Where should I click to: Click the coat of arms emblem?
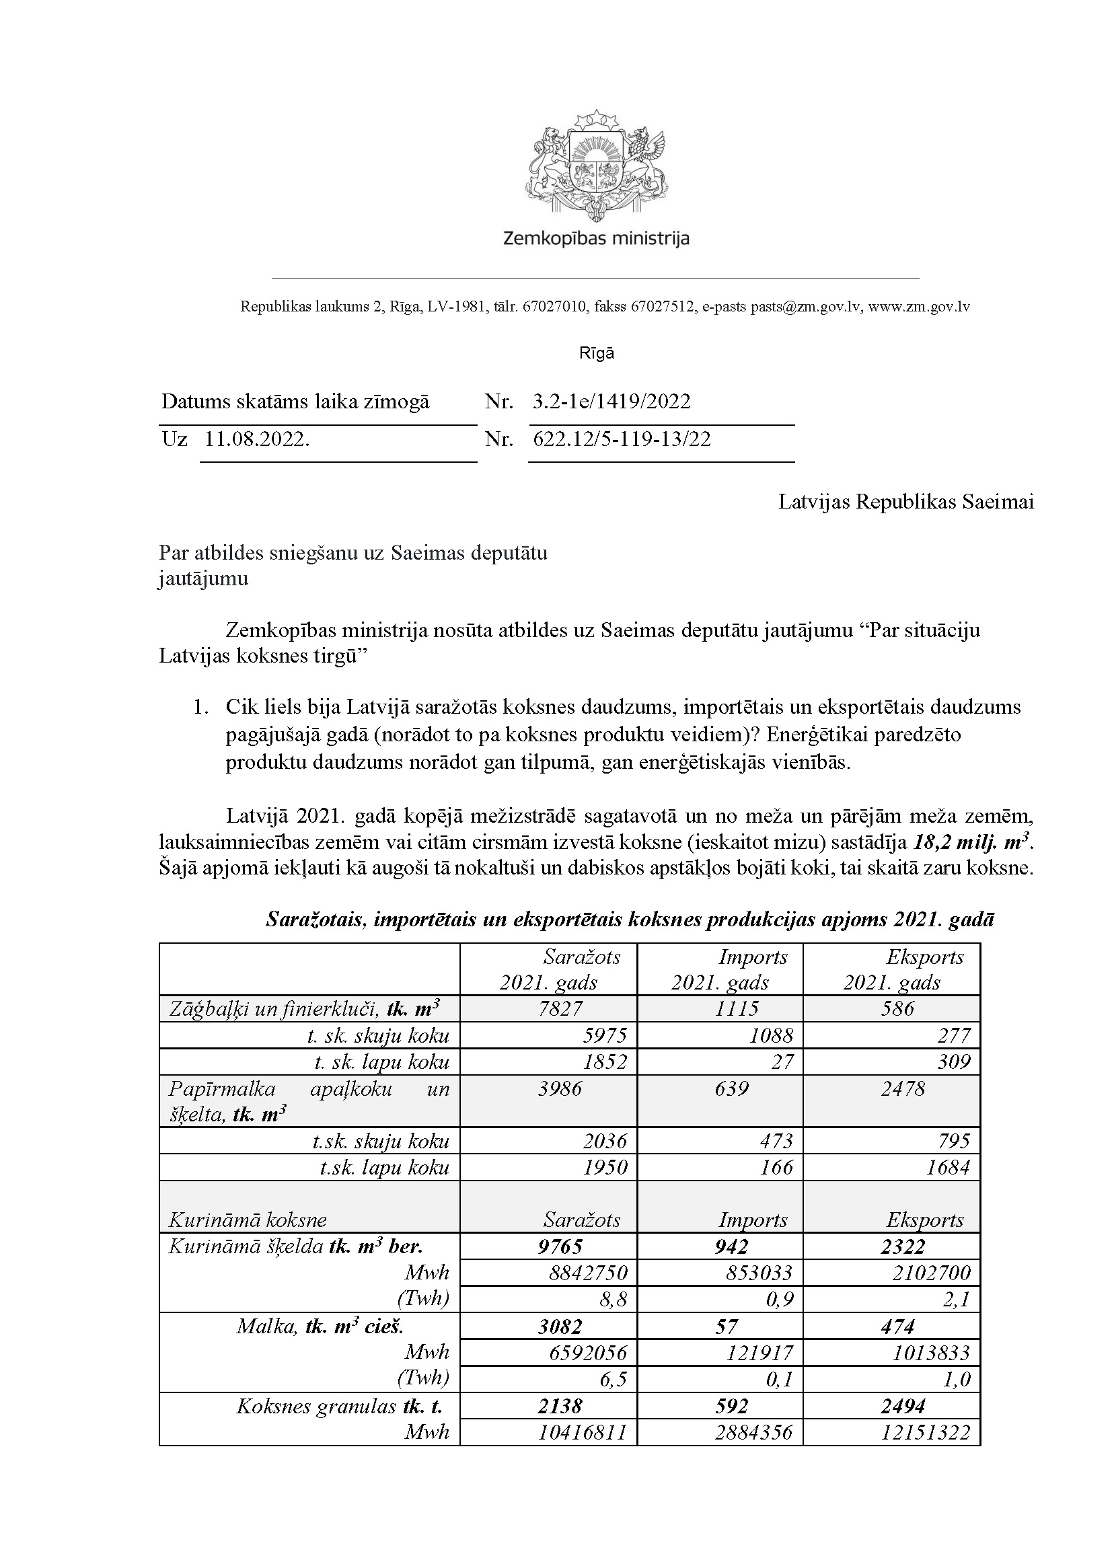[595, 165]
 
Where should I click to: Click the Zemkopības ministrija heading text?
[595, 239]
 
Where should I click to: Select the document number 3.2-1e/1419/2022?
[611, 402]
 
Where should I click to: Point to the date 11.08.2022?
[257, 439]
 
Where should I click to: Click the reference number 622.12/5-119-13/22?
[622, 439]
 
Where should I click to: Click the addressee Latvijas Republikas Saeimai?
[905, 502]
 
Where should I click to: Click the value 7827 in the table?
[561, 1008]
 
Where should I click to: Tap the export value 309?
[953, 1062]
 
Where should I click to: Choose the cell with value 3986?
[560, 1088]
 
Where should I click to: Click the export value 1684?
[948, 1168]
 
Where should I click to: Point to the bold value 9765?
[560, 1246]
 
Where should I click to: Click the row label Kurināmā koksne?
[248, 1220]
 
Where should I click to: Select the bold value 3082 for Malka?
[560, 1327]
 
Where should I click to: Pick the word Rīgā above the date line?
[597, 354]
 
